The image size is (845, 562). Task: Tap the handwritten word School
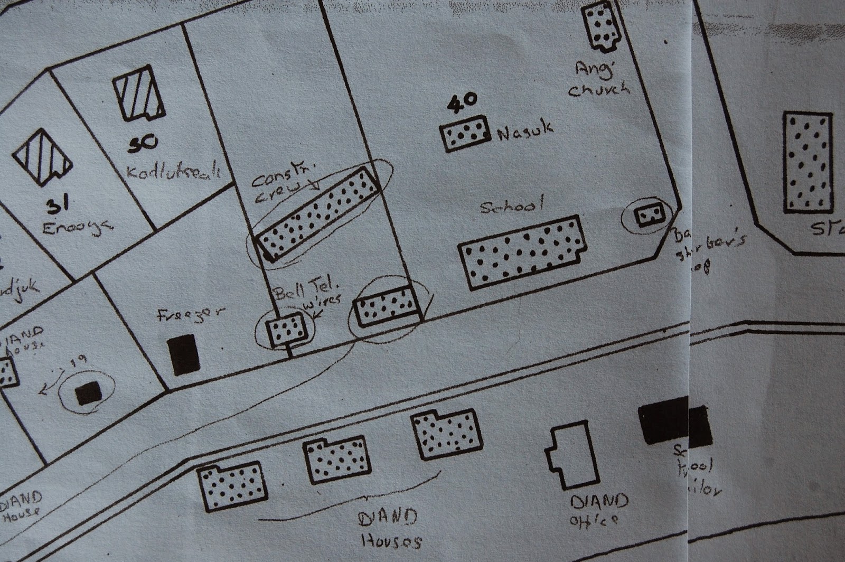pyautogui.click(x=512, y=206)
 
